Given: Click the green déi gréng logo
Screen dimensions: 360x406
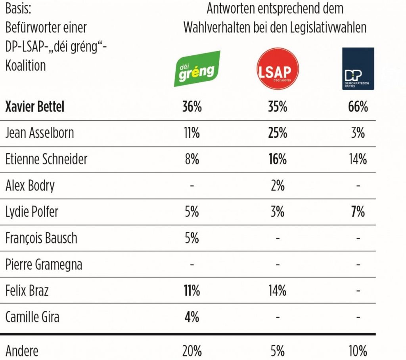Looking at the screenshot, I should [x=197, y=69].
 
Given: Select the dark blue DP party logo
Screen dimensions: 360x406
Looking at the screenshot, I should [x=358, y=69].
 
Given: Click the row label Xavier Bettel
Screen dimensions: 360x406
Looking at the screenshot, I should [x=35, y=107].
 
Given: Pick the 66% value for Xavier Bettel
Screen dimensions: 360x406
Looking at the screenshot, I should [x=358, y=107].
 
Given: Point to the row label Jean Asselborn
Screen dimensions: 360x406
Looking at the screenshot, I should [x=40, y=133].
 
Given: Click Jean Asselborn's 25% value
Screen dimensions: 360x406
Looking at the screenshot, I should [x=277, y=133].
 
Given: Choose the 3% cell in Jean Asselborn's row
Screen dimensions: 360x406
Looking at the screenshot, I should [x=358, y=133].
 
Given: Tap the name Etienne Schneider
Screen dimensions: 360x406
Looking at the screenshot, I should [x=46, y=159].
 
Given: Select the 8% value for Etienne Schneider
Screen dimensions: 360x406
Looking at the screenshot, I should [x=192, y=159].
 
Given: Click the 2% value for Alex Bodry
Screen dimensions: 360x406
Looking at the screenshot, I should [x=277, y=185].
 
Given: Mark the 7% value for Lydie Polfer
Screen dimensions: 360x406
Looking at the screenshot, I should [x=358, y=211].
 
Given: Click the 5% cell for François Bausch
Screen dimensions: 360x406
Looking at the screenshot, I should [x=192, y=238].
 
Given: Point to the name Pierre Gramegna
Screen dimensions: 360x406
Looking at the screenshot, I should [x=44, y=264].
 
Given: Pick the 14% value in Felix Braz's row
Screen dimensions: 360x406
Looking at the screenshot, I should [x=277, y=290].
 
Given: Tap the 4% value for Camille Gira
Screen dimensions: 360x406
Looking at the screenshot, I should [x=192, y=316].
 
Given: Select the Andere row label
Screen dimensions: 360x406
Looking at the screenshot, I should [x=22, y=351].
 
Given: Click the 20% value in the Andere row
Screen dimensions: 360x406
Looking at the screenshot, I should [x=192, y=351].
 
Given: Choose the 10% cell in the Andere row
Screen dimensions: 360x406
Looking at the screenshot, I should [x=358, y=351].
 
